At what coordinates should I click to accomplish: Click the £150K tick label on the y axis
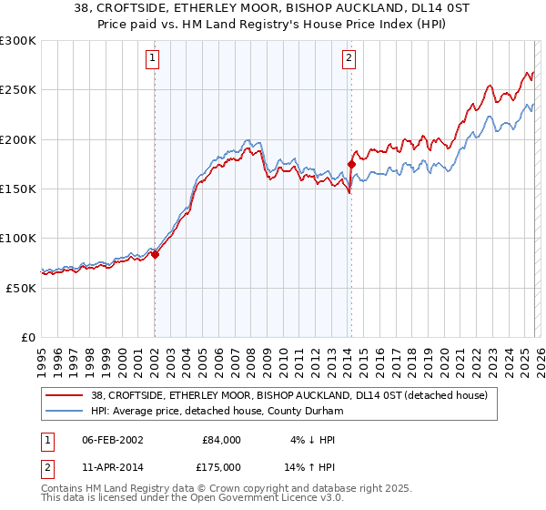(x=18, y=189)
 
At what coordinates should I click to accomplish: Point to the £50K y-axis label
(x=21, y=287)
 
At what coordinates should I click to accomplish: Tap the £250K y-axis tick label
(x=18, y=90)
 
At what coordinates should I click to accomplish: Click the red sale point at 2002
(x=155, y=255)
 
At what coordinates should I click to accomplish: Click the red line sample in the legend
(x=64, y=395)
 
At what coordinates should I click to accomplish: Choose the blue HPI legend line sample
(x=64, y=412)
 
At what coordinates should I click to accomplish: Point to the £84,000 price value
(x=221, y=439)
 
